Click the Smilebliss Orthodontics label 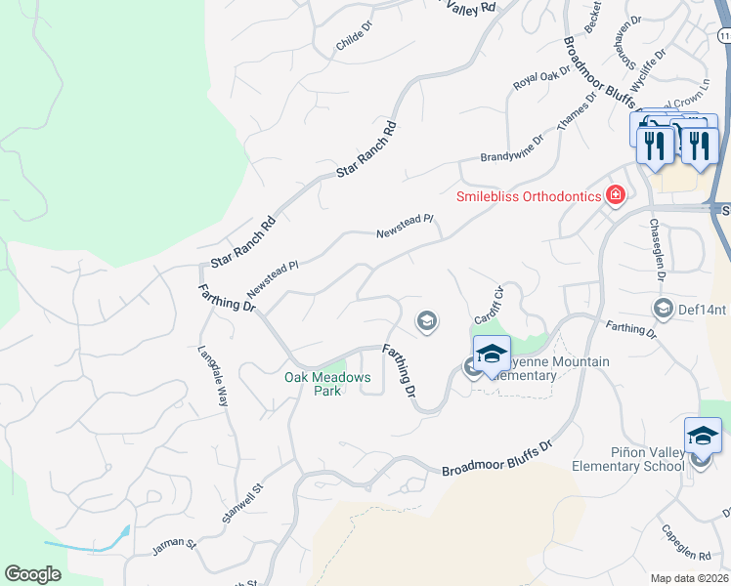pos(528,196)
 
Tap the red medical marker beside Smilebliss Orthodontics pos(615,195)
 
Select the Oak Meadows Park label pos(327,384)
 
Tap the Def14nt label pos(703,311)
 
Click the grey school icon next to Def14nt pos(663,310)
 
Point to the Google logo pos(32,574)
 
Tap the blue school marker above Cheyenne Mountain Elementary pos(492,353)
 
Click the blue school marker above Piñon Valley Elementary pos(703,435)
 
